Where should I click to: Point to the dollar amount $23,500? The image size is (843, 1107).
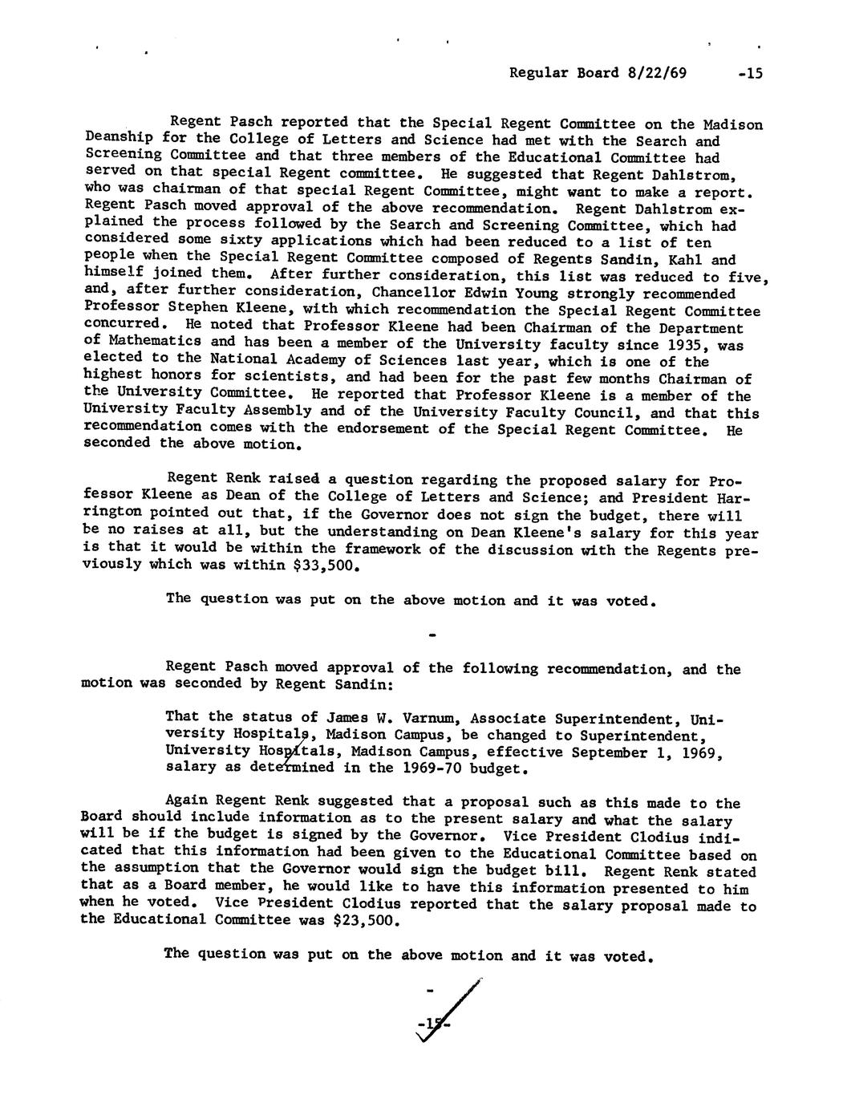pyautogui.click(x=365, y=921)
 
